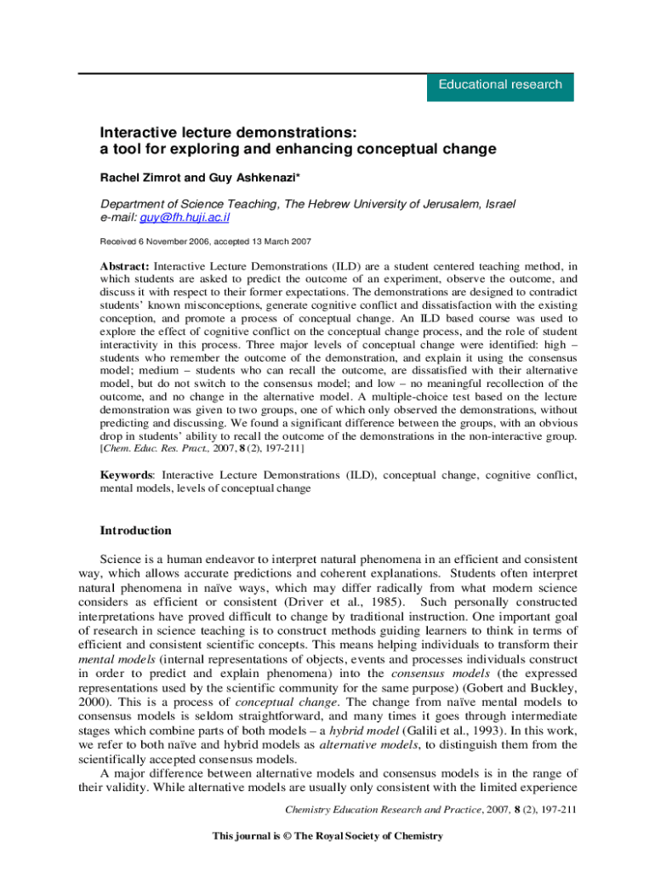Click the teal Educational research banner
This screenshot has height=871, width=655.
tap(500, 85)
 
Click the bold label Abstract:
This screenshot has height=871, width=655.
tap(125, 265)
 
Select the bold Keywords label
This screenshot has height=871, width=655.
tap(127, 475)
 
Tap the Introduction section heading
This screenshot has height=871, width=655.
tap(136, 531)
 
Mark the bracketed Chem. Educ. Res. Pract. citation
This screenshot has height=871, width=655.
tap(203, 447)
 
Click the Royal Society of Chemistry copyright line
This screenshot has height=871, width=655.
tap(327, 836)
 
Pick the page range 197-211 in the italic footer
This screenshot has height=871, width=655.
tap(558, 808)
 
